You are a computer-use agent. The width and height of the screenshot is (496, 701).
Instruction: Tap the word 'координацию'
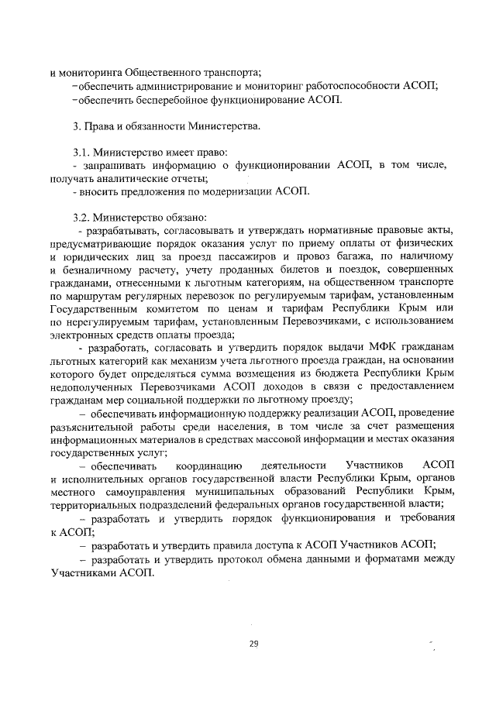click(x=208, y=467)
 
